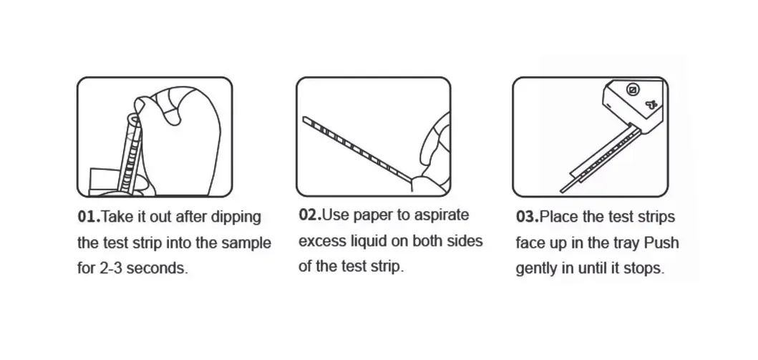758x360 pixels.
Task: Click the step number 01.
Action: [x=89, y=216]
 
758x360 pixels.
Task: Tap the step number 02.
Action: [x=310, y=215]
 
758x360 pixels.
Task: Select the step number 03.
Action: [x=528, y=216]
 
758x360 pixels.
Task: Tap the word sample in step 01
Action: [x=246, y=243]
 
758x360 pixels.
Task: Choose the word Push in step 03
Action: [x=662, y=242]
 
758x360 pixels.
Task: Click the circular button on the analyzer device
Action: [x=633, y=90]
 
